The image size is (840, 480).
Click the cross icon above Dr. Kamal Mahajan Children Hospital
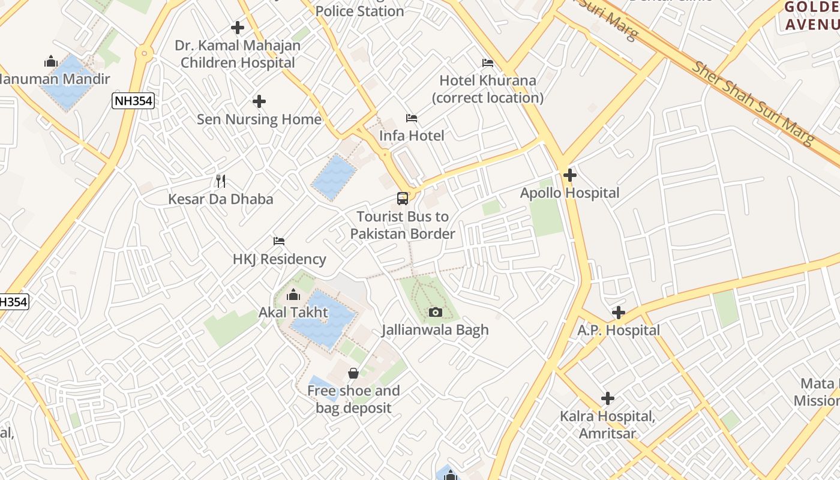pyautogui.click(x=238, y=28)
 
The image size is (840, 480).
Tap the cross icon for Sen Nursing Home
pyautogui.click(x=259, y=101)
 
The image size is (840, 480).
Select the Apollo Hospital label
pyautogui.click(x=569, y=193)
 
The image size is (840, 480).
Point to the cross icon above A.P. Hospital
pyautogui.click(x=619, y=313)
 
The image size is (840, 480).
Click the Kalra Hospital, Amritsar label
pyautogui.click(x=607, y=424)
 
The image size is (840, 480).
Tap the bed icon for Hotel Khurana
pyautogui.click(x=488, y=63)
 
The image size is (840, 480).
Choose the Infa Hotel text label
pyautogui.click(x=412, y=136)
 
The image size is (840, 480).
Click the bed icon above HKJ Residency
pyautogui.click(x=279, y=241)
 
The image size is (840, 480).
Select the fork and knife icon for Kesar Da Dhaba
pyautogui.click(x=221, y=181)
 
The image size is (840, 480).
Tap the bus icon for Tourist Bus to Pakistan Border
pyautogui.click(x=403, y=198)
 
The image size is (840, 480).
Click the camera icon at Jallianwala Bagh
pyautogui.click(x=436, y=312)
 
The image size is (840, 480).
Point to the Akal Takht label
pyautogui.click(x=293, y=313)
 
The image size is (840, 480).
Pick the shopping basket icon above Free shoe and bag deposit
pyautogui.click(x=353, y=373)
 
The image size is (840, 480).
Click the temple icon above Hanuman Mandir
pyautogui.click(x=51, y=61)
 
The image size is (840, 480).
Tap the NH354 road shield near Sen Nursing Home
pyautogui.click(x=133, y=101)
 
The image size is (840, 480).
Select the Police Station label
pyautogui.click(x=359, y=11)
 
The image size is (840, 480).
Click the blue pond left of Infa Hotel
pyautogui.click(x=334, y=178)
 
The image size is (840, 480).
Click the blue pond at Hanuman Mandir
pyautogui.click(x=67, y=83)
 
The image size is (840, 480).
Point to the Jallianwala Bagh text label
pyautogui.click(x=435, y=330)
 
